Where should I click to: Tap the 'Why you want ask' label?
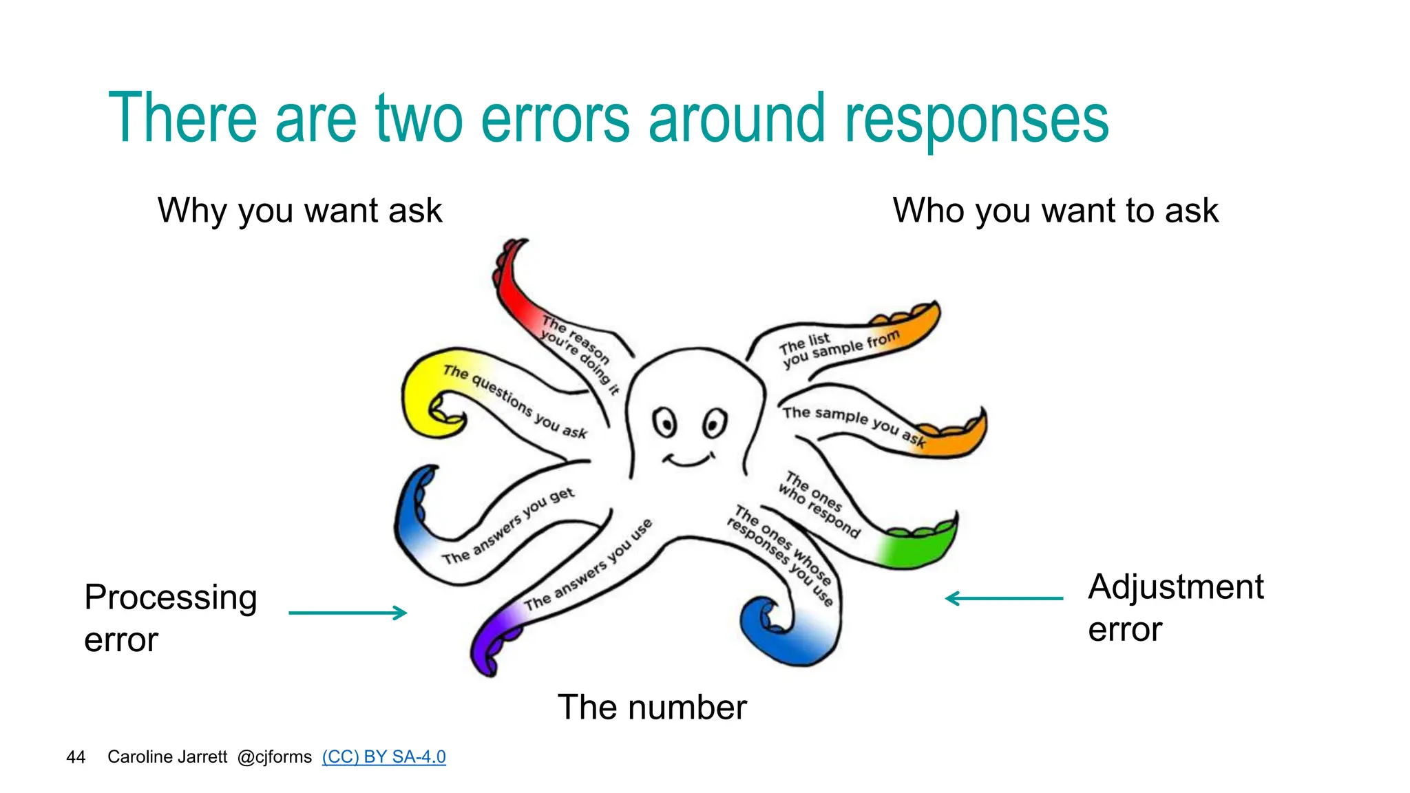pyautogui.click(x=299, y=211)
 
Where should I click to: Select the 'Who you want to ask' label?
pyautogui.click(x=1055, y=211)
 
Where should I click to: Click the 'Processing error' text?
pyautogui.click(x=170, y=617)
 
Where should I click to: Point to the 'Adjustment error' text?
pyautogui.click(x=1175, y=607)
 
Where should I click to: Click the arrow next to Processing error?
pyautogui.click(x=348, y=612)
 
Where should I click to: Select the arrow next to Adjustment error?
pyautogui.click(x=1004, y=598)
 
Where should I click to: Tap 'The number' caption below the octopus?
pyautogui.click(x=651, y=707)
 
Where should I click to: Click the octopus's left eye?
pyautogui.click(x=665, y=422)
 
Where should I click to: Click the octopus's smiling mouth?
pyautogui.click(x=688, y=460)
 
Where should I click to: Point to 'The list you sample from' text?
pyautogui.click(x=838, y=348)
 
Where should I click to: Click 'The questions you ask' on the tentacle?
pyautogui.click(x=514, y=402)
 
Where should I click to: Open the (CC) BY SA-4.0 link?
pyautogui.click(x=383, y=757)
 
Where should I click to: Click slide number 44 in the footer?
pyautogui.click(x=76, y=757)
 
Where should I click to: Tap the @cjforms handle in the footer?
pyautogui.click(x=274, y=757)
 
